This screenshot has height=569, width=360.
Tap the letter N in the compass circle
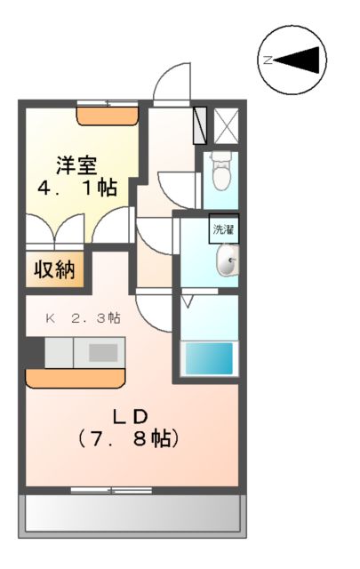(x=268, y=60)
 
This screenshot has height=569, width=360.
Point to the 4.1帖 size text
(x=77, y=188)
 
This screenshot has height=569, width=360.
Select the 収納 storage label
(x=56, y=268)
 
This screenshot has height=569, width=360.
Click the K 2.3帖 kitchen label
(x=84, y=317)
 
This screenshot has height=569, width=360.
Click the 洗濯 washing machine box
(x=222, y=228)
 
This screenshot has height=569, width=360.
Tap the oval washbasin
(x=228, y=261)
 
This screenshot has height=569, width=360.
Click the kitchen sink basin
(x=102, y=352)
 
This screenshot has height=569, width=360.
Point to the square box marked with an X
(x=226, y=124)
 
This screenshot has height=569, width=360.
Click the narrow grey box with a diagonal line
(x=199, y=124)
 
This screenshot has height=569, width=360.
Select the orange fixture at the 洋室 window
(x=107, y=114)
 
